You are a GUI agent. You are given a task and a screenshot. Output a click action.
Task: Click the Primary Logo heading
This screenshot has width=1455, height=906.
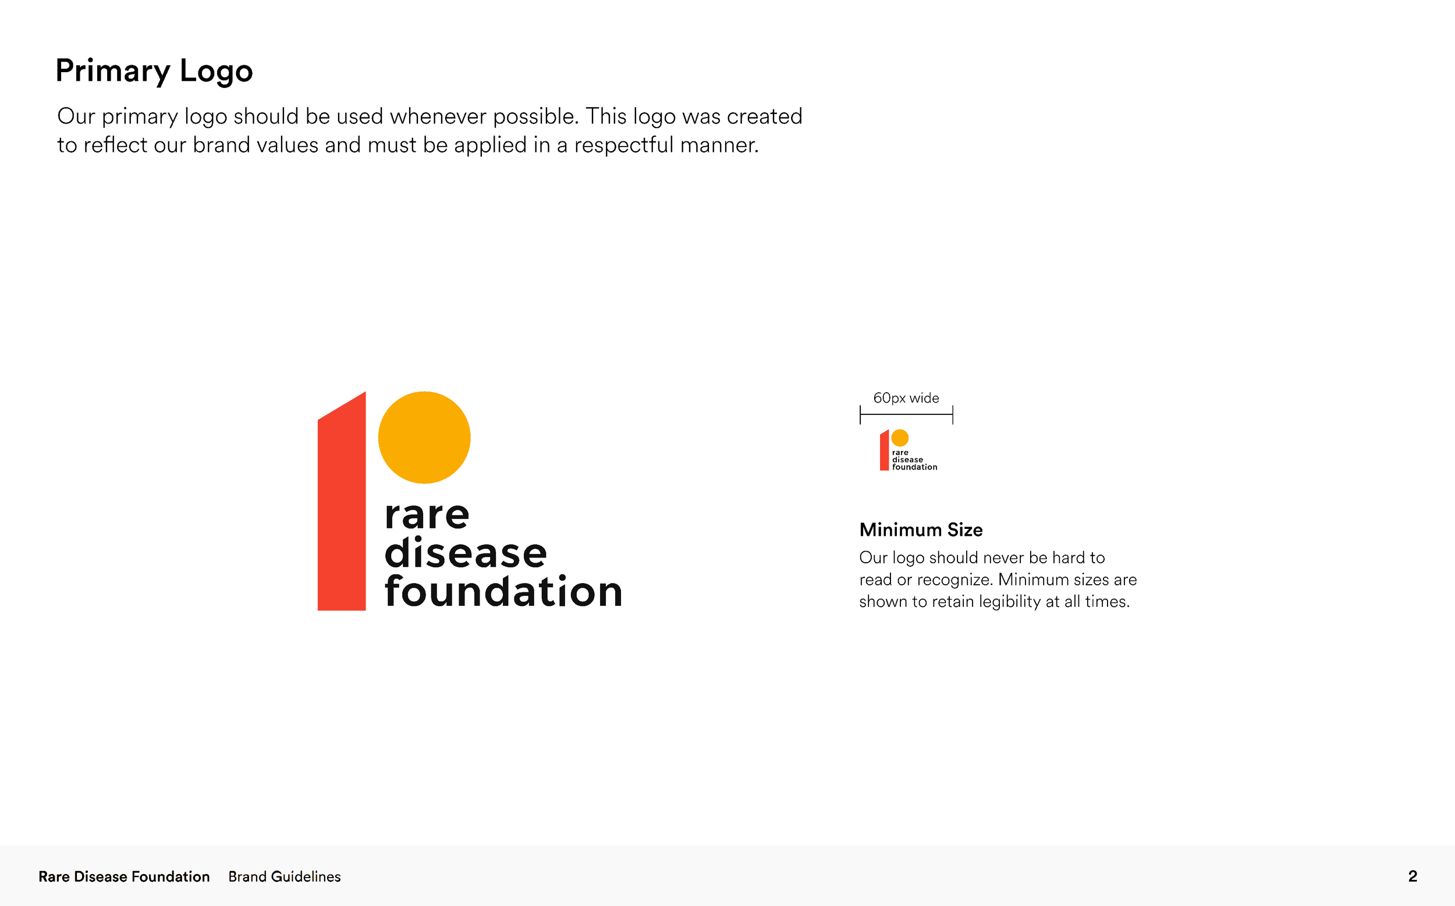(x=154, y=71)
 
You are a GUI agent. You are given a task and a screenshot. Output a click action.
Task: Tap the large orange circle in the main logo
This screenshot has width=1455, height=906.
(x=424, y=438)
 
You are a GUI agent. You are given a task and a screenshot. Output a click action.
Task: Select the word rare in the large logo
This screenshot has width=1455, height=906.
(x=427, y=516)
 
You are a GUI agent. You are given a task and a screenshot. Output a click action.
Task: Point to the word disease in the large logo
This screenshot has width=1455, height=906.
(x=466, y=552)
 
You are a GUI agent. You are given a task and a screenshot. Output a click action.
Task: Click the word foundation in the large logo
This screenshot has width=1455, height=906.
(x=503, y=591)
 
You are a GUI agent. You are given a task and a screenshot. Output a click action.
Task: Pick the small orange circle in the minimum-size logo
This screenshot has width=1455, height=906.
(x=900, y=438)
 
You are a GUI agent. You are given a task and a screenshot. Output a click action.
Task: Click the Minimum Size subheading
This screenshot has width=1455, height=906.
(x=921, y=530)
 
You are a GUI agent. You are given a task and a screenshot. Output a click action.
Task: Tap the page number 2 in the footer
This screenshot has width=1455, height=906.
(x=1413, y=877)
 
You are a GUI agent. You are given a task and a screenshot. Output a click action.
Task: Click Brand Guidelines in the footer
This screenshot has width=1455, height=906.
(x=284, y=877)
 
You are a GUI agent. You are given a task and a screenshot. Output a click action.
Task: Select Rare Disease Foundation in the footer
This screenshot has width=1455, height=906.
(x=124, y=877)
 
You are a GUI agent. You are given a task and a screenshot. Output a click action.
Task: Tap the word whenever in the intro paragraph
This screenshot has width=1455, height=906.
(x=438, y=116)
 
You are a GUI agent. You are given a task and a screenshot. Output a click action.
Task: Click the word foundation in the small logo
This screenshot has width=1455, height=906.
(x=914, y=467)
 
